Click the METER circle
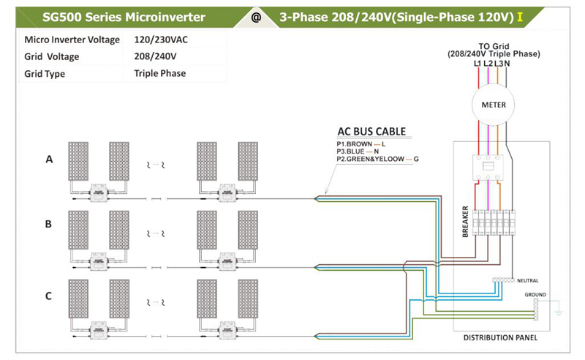pyautogui.click(x=494, y=105)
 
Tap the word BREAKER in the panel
pyautogui.click(x=465, y=220)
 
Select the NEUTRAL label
pyautogui.click(x=527, y=280)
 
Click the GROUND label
pyautogui.click(x=535, y=294)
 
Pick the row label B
pyautogui.click(x=49, y=224)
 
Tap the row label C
pyautogui.click(x=49, y=296)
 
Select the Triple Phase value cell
pyautogui.click(x=159, y=73)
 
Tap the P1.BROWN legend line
pyautogui.click(x=361, y=144)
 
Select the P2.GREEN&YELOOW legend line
pyautogui.click(x=377, y=159)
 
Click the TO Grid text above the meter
pyautogui.click(x=494, y=45)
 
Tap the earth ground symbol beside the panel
pyautogui.click(x=558, y=310)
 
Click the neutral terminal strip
pyautogui.click(x=502, y=280)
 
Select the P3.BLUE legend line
pyautogui.click(x=358, y=151)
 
